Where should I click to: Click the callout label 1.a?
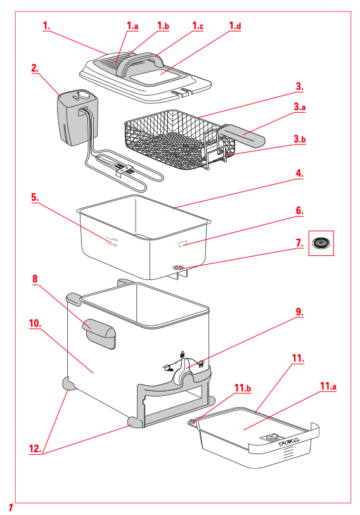click(132, 26)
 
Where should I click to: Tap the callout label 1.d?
click(235, 26)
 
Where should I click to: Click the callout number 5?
click(35, 197)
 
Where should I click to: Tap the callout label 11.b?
click(244, 387)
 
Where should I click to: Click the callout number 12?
click(35, 448)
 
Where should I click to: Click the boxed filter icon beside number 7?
click(321, 242)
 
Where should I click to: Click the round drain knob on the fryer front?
click(186, 378)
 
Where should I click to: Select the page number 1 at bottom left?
click(11, 507)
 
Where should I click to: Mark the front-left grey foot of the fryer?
click(68, 383)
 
